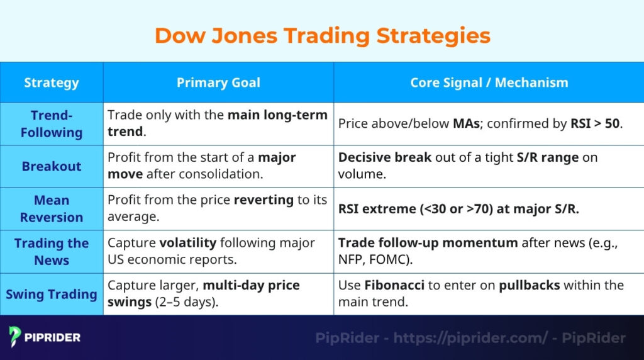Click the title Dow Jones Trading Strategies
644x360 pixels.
pyautogui.click(x=322, y=35)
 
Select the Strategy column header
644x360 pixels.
pyautogui.click(x=52, y=82)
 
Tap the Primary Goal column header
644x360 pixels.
pyautogui.click(x=218, y=82)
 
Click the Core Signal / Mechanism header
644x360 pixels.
pyautogui.click(x=489, y=82)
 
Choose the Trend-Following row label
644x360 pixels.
pyautogui.click(x=52, y=124)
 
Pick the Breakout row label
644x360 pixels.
pyautogui.click(x=52, y=166)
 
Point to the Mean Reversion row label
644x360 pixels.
pyautogui.click(x=52, y=208)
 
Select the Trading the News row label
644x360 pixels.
pyautogui.click(x=52, y=251)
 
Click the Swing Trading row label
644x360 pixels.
pyautogui.click(x=52, y=294)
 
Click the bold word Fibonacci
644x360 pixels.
pyautogui.click(x=393, y=285)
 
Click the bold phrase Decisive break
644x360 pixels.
pyautogui.click(x=384, y=157)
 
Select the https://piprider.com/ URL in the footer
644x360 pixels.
pyautogui.click(x=470, y=338)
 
